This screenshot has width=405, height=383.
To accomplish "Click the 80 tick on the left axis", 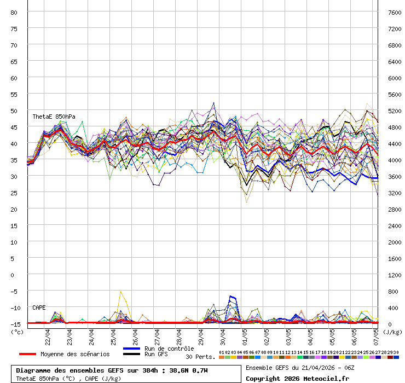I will click(x=14, y=12).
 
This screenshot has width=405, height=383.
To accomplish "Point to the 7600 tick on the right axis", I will click(x=394, y=12).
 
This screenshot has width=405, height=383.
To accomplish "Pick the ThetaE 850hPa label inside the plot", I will click(x=54, y=117).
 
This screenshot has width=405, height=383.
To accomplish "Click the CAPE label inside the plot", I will click(x=39, y=307).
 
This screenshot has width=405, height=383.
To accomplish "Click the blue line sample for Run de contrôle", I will click(x=132, y=349).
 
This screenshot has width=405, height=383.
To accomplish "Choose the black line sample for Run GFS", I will click(x=132, y=354).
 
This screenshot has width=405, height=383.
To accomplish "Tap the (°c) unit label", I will click(x=18, y=332).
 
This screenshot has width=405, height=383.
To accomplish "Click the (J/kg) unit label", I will click(x=392, y=332).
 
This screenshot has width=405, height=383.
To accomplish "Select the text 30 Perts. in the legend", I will click(x=200, y=357).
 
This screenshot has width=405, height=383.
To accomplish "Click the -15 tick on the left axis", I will click(x=14, y=324).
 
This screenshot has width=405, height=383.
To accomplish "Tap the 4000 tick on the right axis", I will click(x=394, y=160).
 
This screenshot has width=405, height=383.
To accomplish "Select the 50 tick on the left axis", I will click(x=14, y=111).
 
